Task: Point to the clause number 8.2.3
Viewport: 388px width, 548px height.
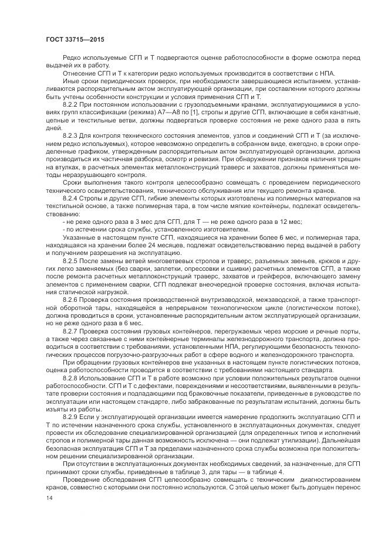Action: pos(70,135)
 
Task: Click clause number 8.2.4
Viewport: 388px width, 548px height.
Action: pos(70,199)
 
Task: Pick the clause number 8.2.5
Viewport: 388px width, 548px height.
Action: pos(70,259)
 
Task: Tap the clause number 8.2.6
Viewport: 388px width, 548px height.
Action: pos(70,298)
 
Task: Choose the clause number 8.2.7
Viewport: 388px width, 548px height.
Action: pos(70,331)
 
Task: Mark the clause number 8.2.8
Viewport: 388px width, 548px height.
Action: pos(70,379)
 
